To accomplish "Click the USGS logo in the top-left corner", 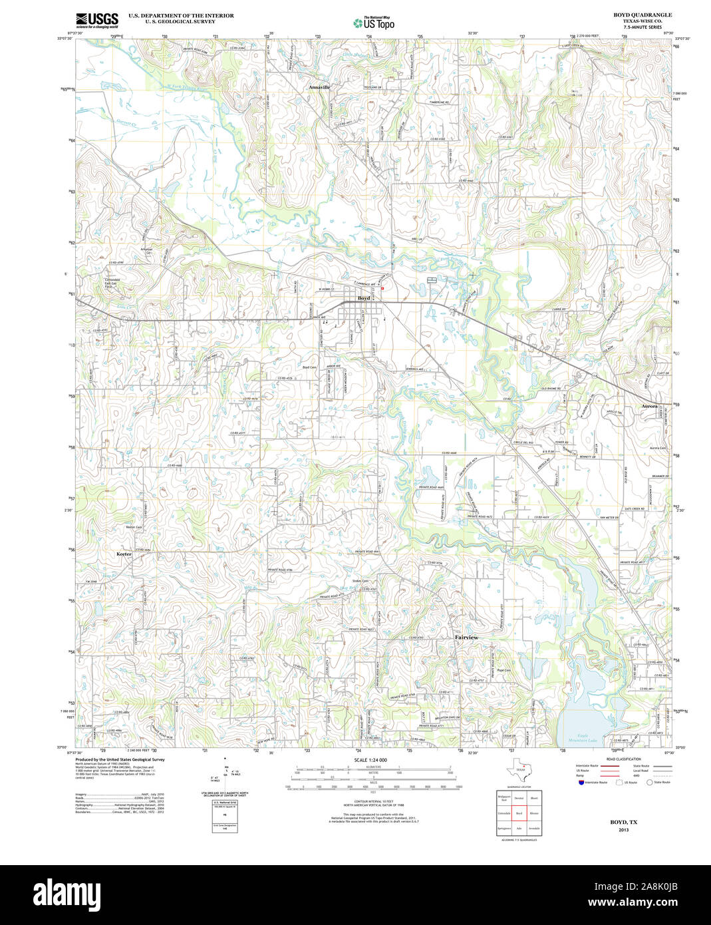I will [97, 20].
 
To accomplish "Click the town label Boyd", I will [364, 298].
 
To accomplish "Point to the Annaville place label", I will [319, 87].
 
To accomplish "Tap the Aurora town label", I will [649, 405].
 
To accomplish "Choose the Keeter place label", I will [124, 554].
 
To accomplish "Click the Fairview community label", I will [466, 637].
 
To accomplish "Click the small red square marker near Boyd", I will [382, 288].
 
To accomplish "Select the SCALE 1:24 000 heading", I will [370, 760].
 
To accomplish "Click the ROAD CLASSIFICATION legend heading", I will [623, 759].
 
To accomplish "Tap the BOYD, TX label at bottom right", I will [623, 822].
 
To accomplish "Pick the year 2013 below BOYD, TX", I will [623, 830].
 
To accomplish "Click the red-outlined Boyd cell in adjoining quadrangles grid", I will [519, 813].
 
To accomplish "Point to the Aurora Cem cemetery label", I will [658, 448].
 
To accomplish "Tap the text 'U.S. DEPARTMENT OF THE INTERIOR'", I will [181, 15].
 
